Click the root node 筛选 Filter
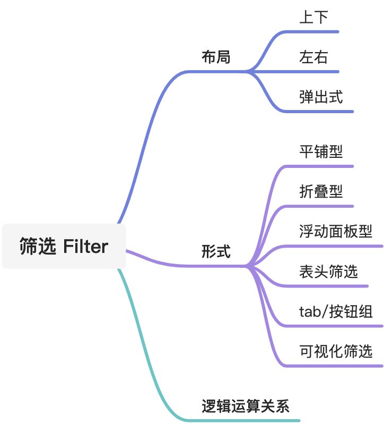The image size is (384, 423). [x=64, y=246]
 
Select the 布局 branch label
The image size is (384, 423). [x=216, y=57]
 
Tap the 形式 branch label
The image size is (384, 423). [x=216, y=251]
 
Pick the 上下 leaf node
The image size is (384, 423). [x=313, y=17]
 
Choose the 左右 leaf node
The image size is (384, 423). [x=313, y=57]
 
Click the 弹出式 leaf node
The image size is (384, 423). [x=321, y=97]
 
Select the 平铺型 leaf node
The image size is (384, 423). [x=321, y=151]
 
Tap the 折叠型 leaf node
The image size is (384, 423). [x=321, y=191]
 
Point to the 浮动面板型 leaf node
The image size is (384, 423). [x=336, y=232]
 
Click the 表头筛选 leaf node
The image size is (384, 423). [x=328, y=272]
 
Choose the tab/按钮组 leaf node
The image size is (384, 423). [x=336, y=311]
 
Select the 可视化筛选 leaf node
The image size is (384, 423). [x=336, y=351]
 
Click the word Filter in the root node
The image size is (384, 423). [x=85, y=246]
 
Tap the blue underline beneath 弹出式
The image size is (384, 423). [x=324, y=112]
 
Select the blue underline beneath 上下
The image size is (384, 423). [x=316, y=31]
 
